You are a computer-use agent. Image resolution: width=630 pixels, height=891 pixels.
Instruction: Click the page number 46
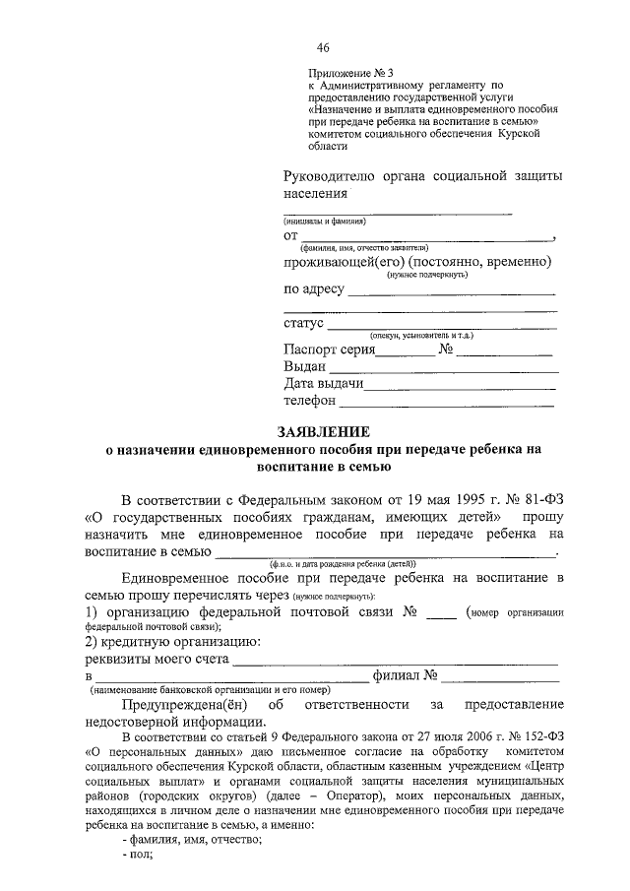(x=323, y=49)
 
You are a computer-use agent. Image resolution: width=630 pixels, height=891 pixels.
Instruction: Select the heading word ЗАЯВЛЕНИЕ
(x=324, y=431)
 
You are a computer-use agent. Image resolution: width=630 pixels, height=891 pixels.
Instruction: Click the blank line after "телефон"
(x=448, y=404)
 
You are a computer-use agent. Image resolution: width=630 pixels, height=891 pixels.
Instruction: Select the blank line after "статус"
(x=441, y=325)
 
